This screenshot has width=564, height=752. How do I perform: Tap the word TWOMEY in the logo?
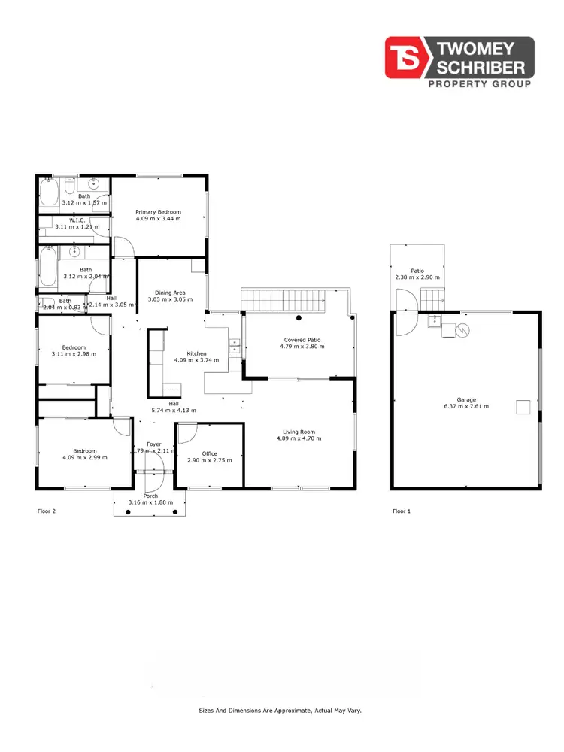[x=483, y=49]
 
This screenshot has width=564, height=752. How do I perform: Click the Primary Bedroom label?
[x=158, y=212]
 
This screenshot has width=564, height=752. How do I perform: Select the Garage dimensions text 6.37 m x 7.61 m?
[x=466, y=406]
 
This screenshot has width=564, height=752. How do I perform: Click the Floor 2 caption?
[x=47, y=511]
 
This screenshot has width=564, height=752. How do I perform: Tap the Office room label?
[x=209, y=453]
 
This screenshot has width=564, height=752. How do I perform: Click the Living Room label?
[x=296, y=432]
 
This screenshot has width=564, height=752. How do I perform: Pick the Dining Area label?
[x=170, y=293]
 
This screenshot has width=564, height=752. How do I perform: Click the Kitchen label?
[x=196, y=353]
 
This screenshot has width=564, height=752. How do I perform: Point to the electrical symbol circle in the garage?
[x=463, y=329]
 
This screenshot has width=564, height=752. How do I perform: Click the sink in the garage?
[x=435, y=323]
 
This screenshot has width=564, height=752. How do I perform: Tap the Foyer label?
[x=153, y=444]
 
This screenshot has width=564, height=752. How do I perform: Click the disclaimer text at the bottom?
[x=280, y=710]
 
